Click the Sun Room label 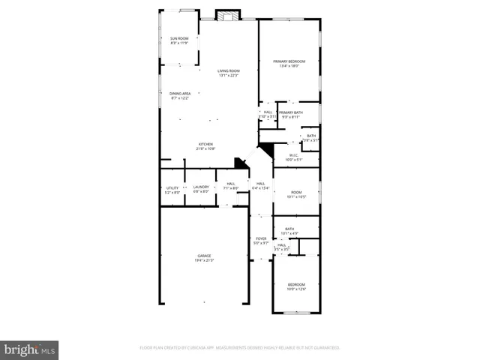[x=178, y=37]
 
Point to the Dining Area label [x=180, y=93]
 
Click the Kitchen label [x=205, y=144]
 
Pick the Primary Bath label [x=290, y=112]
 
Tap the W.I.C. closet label [x=294, y=155]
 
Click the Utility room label [x=172, y=187]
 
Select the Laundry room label [x=201, y=187]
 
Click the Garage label [x=204, y=256]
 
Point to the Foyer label [x=259, y=238]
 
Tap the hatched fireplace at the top [x=227, y=15]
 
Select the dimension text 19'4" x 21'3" [x=204, y=260]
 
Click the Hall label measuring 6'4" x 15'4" [x=260, y=184]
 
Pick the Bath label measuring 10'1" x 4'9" [x=289, y=229]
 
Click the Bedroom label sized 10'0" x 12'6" [x=296, y=284]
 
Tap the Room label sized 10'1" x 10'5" [x=295, y=193]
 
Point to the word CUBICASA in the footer [x=196, y=348]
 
